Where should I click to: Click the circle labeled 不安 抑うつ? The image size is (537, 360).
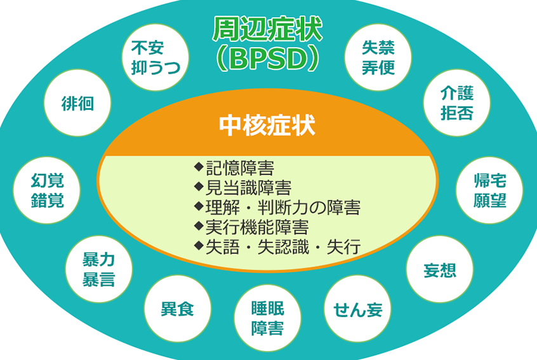(155, 57)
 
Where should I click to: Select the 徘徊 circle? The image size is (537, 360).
(78, 103)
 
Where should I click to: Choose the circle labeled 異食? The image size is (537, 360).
(178, 309)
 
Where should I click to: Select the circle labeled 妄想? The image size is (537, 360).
(439, 269)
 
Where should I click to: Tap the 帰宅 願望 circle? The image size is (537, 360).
(489, 190)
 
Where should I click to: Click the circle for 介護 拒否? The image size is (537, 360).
(457, 103)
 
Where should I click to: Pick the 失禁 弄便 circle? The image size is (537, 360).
(378, 57)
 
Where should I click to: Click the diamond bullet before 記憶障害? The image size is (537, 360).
(199, 168)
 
